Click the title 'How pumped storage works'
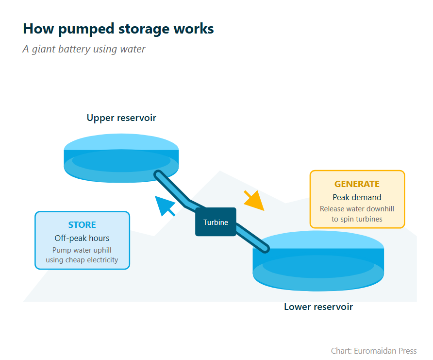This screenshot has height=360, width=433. (x=118, y=29)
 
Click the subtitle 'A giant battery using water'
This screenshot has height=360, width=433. (x=83, y=49)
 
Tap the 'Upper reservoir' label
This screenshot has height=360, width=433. (x=121, y=118)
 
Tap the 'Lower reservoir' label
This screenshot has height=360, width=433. (x=318, y=307)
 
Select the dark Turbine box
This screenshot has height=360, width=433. (x=216, y=222)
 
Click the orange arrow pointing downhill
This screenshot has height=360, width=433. (x=254, y=201)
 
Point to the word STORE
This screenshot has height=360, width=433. (x=82, y=225)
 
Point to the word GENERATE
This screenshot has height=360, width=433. (x=357, y=184)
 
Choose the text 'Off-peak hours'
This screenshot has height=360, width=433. (x=82, y=238)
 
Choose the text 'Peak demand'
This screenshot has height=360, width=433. (x=357, y=197)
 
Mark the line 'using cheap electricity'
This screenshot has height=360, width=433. (x=82, y=260)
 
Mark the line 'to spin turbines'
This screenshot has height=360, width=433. (x=357, y=219)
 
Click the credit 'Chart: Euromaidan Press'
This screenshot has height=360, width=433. (x=373, y=351)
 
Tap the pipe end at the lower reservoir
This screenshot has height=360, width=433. (x=265, y=248)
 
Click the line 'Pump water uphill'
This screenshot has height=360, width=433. (x=82, y=250)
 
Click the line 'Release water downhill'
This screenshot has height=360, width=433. (x=357, y=209)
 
